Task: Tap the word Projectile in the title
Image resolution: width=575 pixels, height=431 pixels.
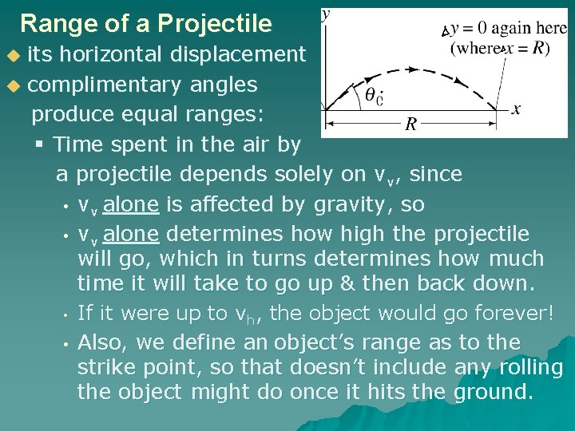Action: (x=215, y=23)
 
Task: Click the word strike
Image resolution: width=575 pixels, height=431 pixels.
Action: (x=109, y=367)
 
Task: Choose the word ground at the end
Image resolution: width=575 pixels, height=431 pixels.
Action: (x=493, y=393)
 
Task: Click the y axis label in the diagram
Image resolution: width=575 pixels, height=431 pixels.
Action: (x=326, y=14)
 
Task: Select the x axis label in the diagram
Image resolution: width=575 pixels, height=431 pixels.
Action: (x=516, y=109)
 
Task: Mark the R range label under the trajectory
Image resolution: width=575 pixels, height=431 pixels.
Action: (x=410, y=124)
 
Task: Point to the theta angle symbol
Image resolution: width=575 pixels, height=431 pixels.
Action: (x=371, y=94)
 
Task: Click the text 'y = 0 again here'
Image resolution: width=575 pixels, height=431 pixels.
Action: (x=508, y=28)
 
